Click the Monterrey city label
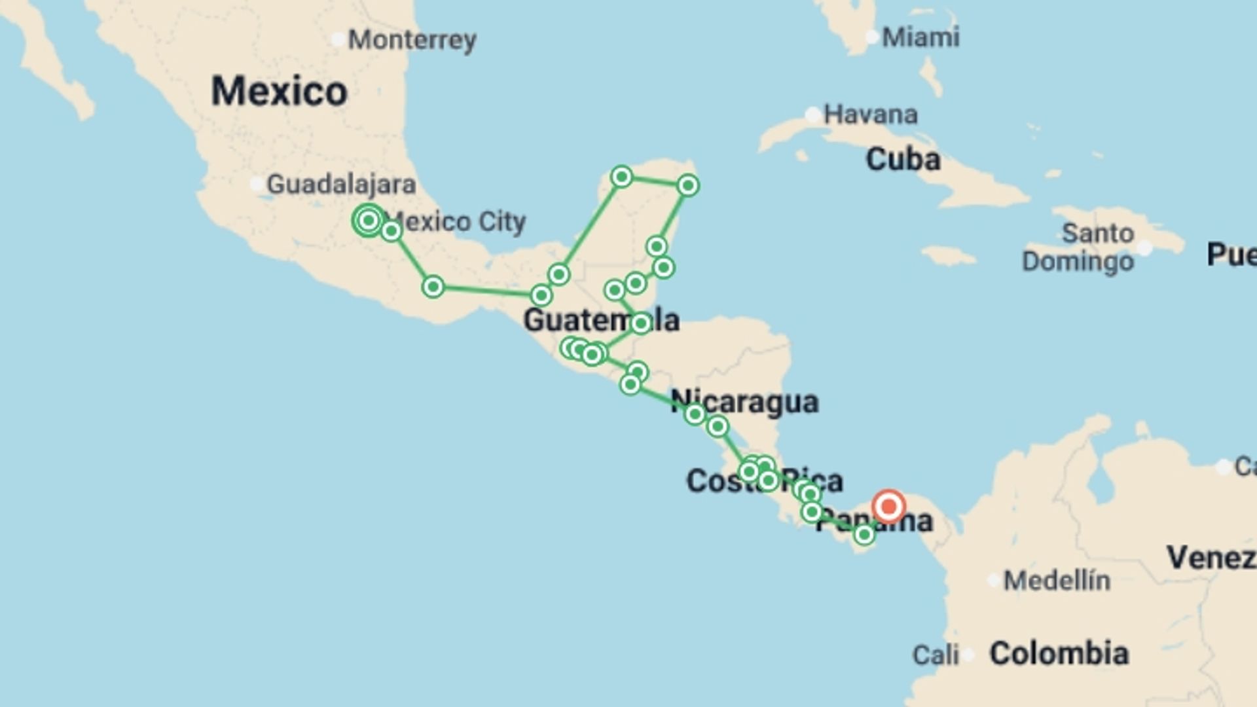coord(412,41)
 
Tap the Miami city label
coord(920,37)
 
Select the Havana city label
coord(870,115)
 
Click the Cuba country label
coord(903,159)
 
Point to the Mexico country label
coord(279,90)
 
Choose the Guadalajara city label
coord(341,185)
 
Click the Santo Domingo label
coord(1087,247)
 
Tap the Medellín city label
coord(1057,580)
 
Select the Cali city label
coord(936,654)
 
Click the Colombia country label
coord(1059,653)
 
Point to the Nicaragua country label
coord(744,402)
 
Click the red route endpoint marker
coord(888,507)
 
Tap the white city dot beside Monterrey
coord(338,40)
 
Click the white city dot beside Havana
coord(812,115)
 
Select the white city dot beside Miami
coord(872,37)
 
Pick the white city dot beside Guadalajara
coord(257,184)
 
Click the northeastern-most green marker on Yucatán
coord(687,185)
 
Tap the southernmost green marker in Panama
coord(864,535)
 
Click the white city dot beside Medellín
coord(994,580)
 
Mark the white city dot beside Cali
coord(968,654)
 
